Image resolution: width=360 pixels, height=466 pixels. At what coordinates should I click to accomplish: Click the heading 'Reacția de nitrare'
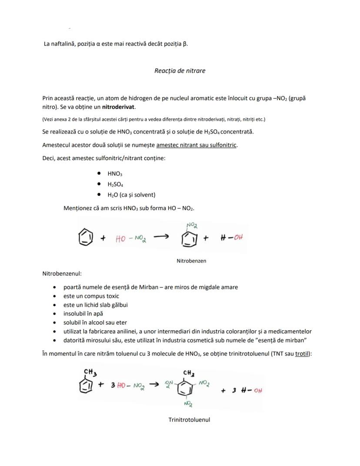coord(180,70)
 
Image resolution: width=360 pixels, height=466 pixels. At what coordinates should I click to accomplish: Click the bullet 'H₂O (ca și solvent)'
coord(131,194)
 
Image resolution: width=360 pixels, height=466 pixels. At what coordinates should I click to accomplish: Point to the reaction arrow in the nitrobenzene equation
coord(161,237)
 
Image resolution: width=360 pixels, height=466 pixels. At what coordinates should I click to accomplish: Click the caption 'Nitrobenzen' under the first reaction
coord(191,261)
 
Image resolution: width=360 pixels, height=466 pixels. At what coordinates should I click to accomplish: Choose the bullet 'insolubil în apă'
coord(83,313)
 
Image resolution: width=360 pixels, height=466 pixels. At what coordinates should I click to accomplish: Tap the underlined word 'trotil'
coord(302,354)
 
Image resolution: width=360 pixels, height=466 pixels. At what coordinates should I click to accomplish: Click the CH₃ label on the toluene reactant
coord(90,372)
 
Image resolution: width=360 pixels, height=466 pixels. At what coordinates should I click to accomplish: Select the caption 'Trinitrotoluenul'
coord(189,420)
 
